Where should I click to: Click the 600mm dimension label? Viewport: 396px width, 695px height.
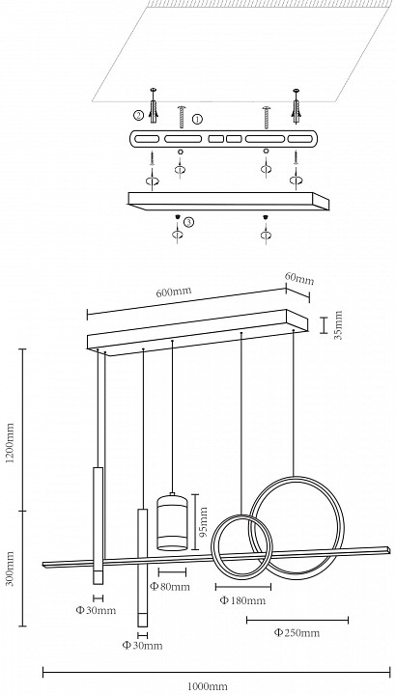[174, 292]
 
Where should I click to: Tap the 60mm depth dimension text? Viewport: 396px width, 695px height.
[299, 278]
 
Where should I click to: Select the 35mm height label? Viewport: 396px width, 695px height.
[338, 325]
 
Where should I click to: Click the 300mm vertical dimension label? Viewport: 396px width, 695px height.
[10, 569]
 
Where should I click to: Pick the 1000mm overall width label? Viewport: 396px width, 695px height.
[208, 686]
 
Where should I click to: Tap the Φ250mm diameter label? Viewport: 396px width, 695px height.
[297, 632]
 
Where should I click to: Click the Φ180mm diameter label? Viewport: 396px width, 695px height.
[242, 600]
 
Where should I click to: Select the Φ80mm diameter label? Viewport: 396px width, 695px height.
[170, 587]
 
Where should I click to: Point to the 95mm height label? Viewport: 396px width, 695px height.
[204, 522]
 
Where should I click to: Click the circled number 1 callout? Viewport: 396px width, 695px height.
[197, 119]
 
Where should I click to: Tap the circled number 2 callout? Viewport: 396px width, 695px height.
[139, 116]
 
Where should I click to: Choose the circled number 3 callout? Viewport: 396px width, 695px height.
[189, 222]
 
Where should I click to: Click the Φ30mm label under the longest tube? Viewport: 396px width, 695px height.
[142, 646]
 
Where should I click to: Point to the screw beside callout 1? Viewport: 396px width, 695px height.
[181, 117]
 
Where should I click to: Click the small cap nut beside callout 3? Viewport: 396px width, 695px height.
[177, 217]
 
